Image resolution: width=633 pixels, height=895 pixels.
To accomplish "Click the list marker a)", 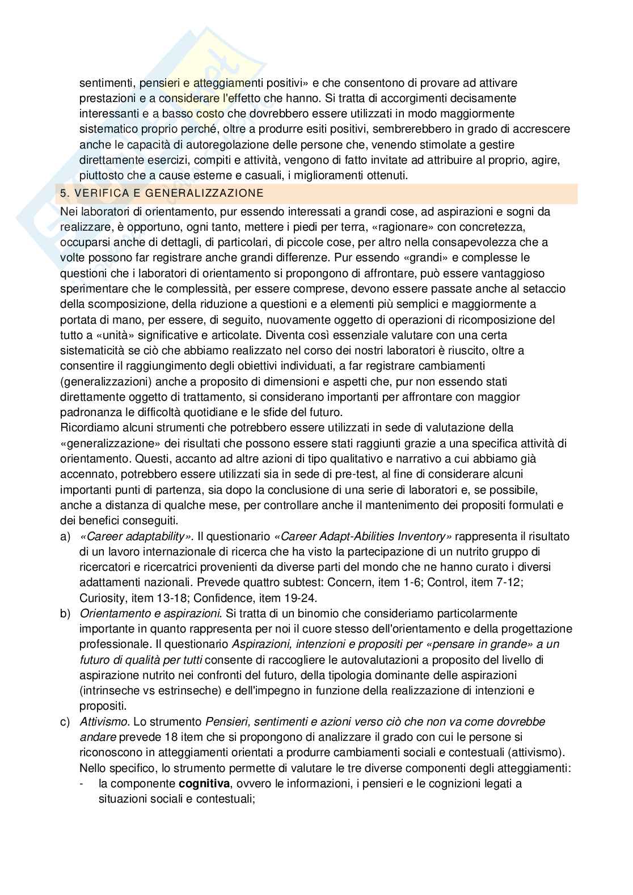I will [x=65, y=536].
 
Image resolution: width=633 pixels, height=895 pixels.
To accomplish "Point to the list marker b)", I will [x=65, y=613].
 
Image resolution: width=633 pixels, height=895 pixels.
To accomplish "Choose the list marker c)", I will [x=65, y=722].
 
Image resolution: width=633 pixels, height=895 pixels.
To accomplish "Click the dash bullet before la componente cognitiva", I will [x=83, y=784].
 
